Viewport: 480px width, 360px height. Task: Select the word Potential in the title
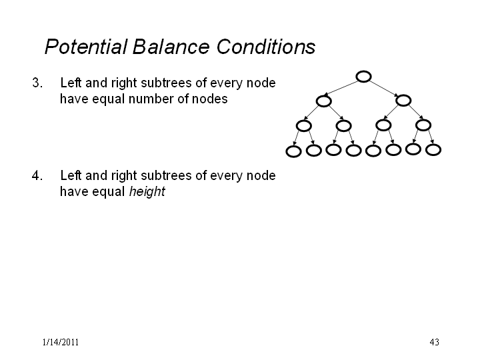click(86, 47)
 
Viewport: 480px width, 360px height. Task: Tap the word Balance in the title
click(171, 47)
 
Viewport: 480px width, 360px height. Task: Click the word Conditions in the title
click(266, 47)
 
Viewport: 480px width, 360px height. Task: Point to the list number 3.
click(37, 83)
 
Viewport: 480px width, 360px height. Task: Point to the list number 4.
click(37, 176)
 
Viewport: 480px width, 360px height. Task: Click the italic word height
click(147, 192)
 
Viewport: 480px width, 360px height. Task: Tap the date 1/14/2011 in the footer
click(61, 342)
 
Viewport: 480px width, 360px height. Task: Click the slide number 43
click(435, 342)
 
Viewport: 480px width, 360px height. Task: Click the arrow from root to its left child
click(341, 87)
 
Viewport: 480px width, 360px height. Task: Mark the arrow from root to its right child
click(383, 89)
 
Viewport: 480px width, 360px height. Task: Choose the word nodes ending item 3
click(210, 99)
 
